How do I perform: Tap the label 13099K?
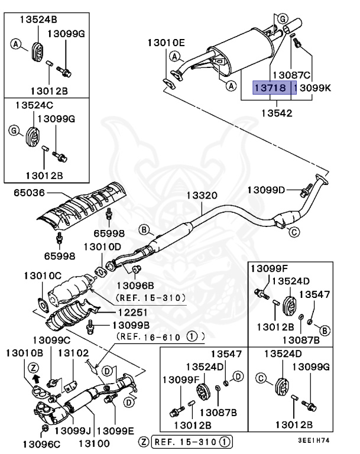point(315,88)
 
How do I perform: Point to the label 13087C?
point(290,75)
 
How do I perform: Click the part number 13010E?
point(166,43)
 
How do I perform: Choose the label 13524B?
point(37,18)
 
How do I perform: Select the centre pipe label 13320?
point(203,195)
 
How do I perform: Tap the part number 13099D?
point(266,190)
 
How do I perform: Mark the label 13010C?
point(43,275)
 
